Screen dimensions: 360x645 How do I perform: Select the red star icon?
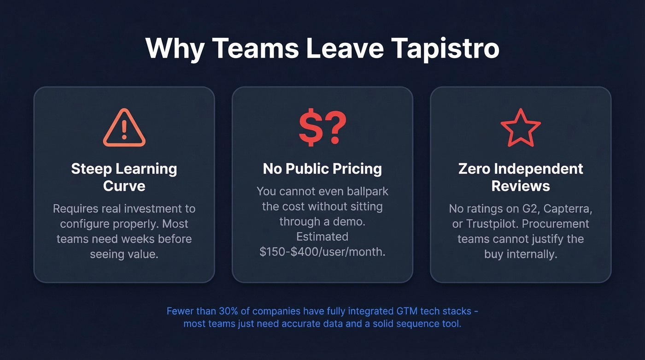[520, 128]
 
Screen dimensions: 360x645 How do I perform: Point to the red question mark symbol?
[335, 128]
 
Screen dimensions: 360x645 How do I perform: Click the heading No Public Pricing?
[322, 169]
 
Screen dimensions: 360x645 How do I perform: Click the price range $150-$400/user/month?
[322, 252]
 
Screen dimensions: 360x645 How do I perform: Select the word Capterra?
[568, 209]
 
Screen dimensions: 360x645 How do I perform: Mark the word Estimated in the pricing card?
[322, 237]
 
